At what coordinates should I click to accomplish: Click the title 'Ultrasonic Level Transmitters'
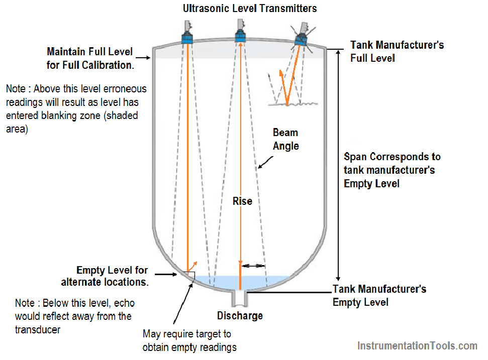[250, 9]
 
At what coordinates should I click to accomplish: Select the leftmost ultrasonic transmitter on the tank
[187, 32]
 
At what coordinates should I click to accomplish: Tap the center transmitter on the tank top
[240, 31]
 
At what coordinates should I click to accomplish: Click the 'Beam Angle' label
[285, 139]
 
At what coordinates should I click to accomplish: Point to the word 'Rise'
[242, 201]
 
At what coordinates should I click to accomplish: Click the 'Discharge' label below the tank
[240, 316]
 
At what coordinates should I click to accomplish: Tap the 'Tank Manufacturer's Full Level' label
[397, 51]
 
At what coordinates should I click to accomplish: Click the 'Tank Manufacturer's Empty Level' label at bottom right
[379, 295]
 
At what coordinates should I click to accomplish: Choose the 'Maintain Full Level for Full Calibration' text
[90, 58]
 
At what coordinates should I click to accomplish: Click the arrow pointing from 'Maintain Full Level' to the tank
[143, 58]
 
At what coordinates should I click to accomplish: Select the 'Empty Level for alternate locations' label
[105, 276]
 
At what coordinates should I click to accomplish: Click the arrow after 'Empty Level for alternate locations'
[166, 274]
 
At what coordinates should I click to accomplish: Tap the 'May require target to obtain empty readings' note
[189, 340]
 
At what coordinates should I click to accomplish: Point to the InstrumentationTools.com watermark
[417, 346]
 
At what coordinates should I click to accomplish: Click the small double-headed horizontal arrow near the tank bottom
[253, 266]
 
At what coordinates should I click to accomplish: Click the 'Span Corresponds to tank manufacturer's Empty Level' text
[392, 170]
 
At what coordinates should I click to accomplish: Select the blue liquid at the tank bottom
[240, 282]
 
